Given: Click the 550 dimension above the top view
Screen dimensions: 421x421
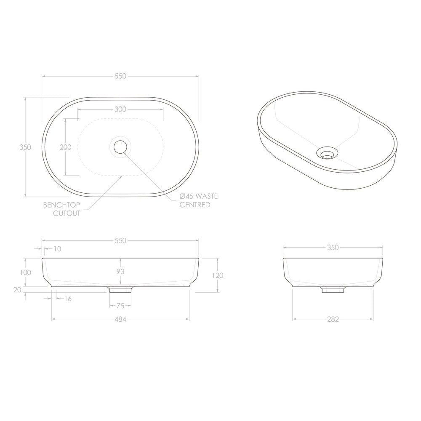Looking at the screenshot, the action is point(120,76).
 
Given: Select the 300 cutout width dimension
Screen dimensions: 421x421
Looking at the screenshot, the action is point(120,109).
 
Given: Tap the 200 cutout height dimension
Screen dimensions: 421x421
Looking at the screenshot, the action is point(66,147).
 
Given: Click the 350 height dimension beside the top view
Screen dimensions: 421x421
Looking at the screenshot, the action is point(25,147).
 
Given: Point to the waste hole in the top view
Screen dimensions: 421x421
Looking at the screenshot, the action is point(120,147).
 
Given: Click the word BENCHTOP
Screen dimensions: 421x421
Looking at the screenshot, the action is point(62,205).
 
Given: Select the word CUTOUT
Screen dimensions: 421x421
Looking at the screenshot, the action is point(67,213).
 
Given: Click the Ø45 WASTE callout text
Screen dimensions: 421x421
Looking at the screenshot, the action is point(198,196).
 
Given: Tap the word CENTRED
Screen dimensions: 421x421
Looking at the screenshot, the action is point(195,205).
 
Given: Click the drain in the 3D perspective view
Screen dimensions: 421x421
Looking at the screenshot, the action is point(327,153).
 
